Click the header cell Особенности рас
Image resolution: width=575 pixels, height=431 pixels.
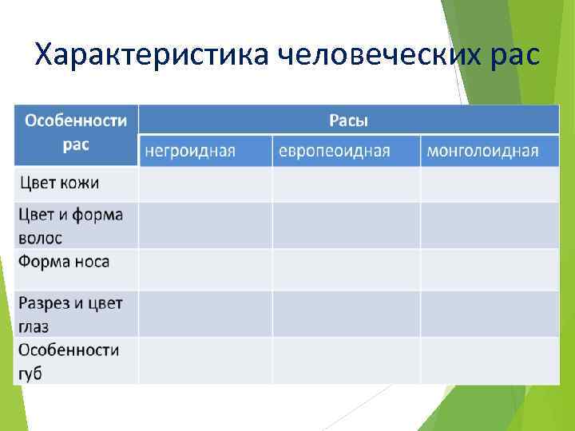point(76,133)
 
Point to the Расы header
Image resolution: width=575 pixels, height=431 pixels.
point(349,121)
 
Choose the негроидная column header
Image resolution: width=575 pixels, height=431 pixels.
point(205,151)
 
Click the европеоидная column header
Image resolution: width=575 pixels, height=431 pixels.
point(346,151)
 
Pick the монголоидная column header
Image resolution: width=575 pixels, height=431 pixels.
point(490,151)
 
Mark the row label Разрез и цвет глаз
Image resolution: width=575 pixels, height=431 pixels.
point(69,314)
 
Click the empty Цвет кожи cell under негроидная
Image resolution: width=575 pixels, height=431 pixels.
point(205,184)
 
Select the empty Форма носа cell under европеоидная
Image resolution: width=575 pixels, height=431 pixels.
point(346,270)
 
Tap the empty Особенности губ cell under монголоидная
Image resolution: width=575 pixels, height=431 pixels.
point(490,361)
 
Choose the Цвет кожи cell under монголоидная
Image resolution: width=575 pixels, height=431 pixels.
point(490,184)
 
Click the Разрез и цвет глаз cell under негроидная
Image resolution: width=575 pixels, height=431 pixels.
point(205,314)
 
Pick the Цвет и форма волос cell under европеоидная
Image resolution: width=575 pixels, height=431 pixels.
point(346,225)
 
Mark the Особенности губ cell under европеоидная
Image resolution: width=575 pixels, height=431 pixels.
point(346,361)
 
